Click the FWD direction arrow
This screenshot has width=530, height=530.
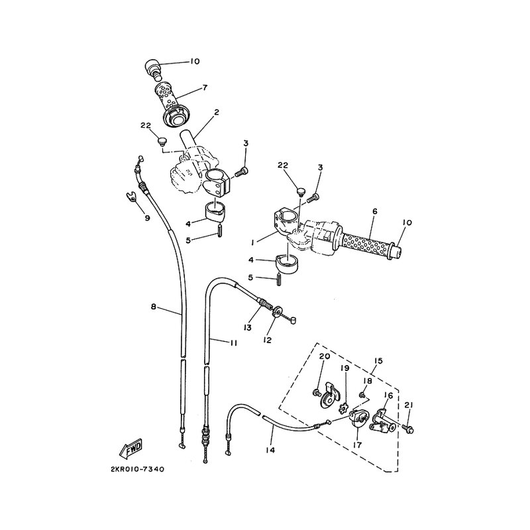pos(131,450)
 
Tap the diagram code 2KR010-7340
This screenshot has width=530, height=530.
pos(137,469)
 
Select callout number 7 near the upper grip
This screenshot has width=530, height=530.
pos(205,87)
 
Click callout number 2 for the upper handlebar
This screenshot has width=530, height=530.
pos(217,112)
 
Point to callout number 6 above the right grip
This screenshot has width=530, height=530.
pos(374,211)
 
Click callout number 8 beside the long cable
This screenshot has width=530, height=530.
pos(154,307)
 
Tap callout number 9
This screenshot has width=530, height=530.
pos(147,218)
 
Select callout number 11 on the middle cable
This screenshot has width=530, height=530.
pos(233,343)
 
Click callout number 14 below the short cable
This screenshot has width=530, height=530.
pos(270,450)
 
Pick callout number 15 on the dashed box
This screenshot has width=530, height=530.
pos(378,361)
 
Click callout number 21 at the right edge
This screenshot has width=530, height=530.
pos(409,405)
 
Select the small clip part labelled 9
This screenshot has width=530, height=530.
pos(131,195)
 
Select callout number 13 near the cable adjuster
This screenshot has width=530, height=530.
pos(248,327)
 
